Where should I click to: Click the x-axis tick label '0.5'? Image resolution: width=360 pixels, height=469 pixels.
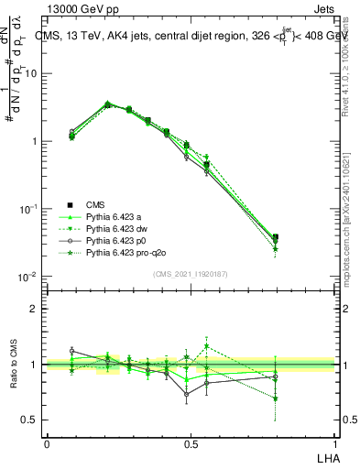[191, 442]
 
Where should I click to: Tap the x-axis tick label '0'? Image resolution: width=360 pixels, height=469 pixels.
[47, 442]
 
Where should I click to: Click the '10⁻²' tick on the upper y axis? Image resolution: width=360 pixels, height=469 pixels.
[29, 276]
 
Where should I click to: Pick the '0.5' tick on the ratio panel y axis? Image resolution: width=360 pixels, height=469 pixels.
[32, 420]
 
